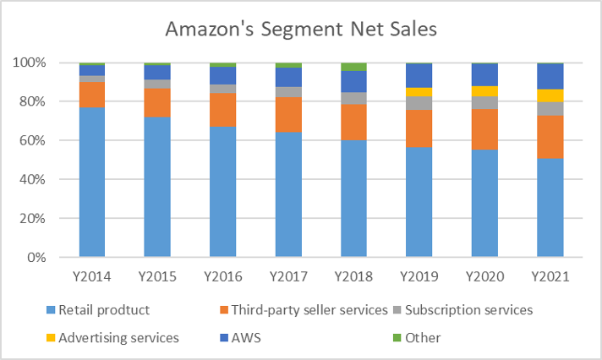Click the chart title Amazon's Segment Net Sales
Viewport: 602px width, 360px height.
click(301, 30)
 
